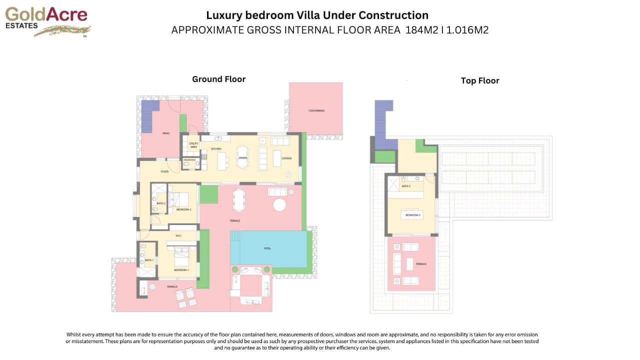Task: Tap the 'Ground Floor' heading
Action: coord(219,79)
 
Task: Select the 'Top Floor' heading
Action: coord(480,80)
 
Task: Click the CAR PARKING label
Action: coord(316,110)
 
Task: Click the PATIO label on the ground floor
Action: coord(165,133)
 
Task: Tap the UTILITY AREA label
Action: coord(193,145)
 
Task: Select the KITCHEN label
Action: coord(216,149)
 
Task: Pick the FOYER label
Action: coord(164,171)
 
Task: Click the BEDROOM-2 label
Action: coord(184,209)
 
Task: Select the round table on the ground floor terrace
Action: coord(279,205)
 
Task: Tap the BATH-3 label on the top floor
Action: coord(406,186)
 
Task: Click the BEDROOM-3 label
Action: coord(413,215)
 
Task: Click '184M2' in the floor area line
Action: coord(420,30)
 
